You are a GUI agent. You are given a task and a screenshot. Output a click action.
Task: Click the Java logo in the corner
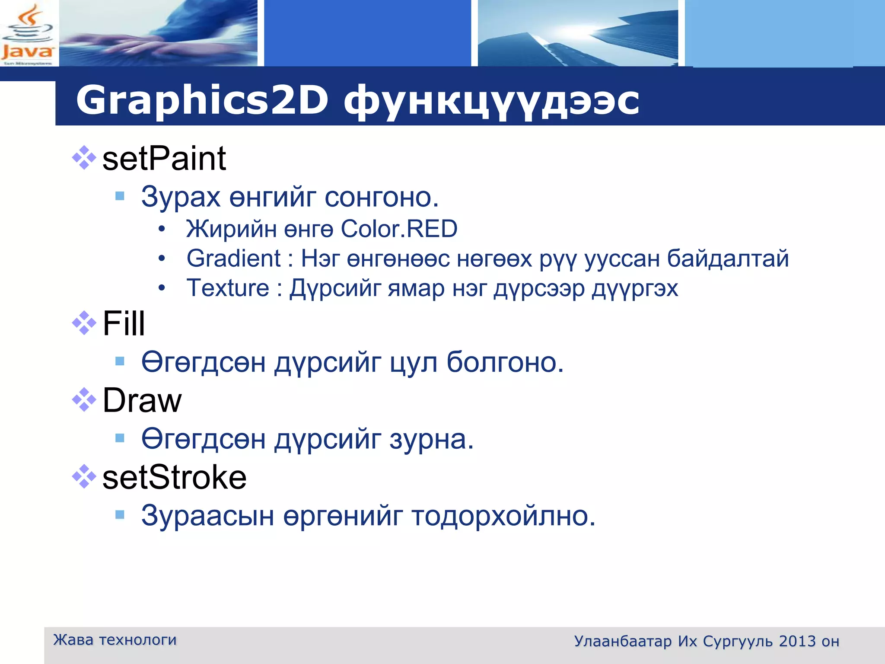point(28,35)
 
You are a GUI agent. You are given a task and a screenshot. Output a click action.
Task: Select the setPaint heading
point(164,159)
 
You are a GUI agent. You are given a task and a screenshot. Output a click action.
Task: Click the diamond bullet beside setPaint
point(84,158)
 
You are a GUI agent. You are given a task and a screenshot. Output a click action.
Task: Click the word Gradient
point(234,259)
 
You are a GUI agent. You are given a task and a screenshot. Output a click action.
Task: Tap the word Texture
point(228,288)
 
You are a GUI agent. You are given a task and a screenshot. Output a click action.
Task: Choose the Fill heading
point(124,323)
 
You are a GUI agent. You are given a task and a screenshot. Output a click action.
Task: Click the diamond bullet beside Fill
point(84,322)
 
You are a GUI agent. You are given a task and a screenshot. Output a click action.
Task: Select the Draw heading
point(142,400)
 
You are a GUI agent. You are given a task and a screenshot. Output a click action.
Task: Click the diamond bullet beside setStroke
point(84,476)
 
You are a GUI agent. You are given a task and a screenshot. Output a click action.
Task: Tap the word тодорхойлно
point(503,516)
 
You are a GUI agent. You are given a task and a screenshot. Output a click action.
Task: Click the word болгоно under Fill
point(505,362)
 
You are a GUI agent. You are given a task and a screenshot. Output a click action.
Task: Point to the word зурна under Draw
point(432,439)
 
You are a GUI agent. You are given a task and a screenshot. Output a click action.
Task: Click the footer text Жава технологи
point(115,640)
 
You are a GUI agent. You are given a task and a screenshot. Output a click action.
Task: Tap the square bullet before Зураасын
point(120,514)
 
